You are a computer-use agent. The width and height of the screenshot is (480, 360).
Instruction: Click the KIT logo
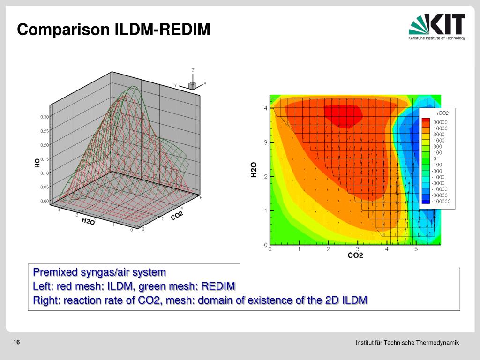click(437, 27)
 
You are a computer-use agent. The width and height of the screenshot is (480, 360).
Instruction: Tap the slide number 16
click(16, 343)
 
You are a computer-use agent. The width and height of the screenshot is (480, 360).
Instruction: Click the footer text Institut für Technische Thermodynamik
click(407, 343)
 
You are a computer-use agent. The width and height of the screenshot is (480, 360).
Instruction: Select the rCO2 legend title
click(442, 113)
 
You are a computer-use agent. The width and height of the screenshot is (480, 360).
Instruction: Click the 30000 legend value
click(440, 122)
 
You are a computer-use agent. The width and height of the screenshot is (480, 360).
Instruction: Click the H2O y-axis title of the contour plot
click(254, 170)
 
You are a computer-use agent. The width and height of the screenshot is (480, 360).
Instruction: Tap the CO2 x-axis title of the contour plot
click(355, 255)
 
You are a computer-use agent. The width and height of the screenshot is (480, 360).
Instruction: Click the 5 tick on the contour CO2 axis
click(416, 249)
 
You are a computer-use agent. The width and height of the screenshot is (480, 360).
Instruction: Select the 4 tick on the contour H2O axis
click(265, 108)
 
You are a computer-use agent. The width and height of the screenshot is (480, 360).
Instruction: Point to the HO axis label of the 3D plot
click(37, 163)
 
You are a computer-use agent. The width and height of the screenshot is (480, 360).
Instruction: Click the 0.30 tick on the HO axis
click(45, 117)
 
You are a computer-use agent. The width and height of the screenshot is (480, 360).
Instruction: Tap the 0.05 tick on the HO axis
click(45, 187)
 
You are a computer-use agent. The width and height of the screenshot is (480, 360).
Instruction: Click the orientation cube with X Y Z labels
click(192, 84)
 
